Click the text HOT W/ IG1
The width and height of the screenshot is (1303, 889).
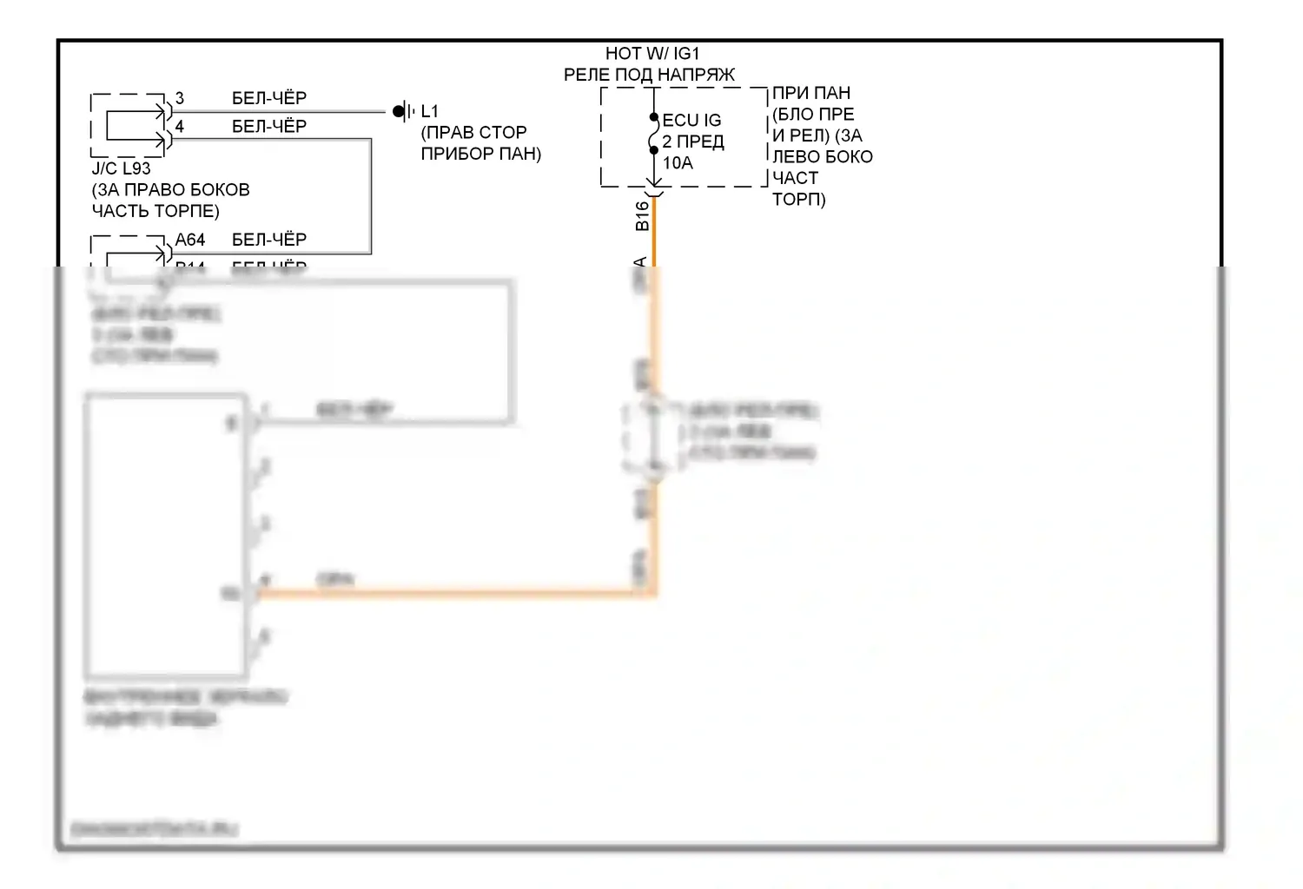(651, 54)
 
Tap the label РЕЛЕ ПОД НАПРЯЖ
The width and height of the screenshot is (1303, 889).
(649, 76)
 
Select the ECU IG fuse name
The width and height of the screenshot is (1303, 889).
(691, 121)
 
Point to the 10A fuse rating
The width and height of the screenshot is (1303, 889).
(678, 163)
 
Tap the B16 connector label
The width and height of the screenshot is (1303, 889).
(642, 216)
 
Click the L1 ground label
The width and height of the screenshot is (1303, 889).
(429, 112)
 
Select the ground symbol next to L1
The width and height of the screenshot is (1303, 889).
(401, 111)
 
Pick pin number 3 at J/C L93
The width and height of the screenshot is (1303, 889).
(180, 98)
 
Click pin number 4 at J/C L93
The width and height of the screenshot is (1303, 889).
(180, 127)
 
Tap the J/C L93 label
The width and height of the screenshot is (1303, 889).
(121, 168)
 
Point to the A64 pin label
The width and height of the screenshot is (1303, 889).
(190, 240)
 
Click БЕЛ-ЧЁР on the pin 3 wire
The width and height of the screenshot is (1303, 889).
(269, 98)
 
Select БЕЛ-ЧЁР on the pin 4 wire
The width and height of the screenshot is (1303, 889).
(269, 127)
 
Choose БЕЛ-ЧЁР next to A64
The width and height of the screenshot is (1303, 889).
(269, 240)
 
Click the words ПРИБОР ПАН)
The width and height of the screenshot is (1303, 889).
(480, 155)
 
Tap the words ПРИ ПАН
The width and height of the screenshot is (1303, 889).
(811, 93)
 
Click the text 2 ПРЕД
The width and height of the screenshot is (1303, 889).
(693, 142)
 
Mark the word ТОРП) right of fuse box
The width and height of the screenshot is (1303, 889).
(799, 200)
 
